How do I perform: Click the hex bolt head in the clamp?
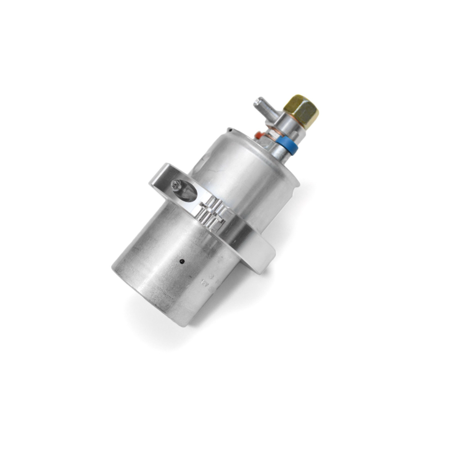click(x=176, y=184)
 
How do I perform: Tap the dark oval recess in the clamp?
click(x=188, y=192)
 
